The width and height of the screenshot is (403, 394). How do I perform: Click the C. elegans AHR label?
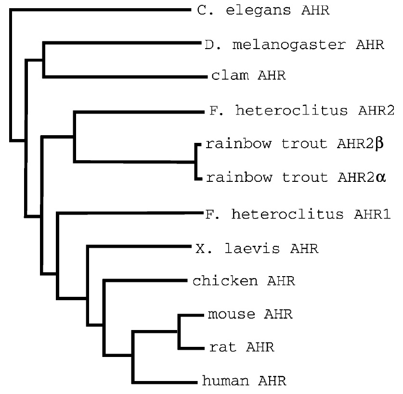[x=263, y=10]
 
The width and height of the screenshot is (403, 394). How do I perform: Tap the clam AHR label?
[x=248, y=76]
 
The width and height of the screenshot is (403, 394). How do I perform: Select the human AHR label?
[x=245, y=381]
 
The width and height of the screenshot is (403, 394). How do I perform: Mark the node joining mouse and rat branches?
[x=179, y=331]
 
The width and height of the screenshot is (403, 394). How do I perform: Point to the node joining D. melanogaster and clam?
[x=44, y=60]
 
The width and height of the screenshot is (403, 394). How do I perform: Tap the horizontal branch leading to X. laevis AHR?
[x=140, y=246]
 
